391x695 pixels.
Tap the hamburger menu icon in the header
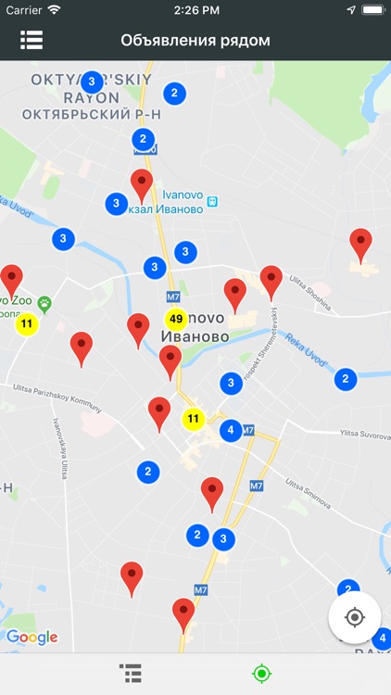click(32, 41)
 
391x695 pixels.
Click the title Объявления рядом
click(195, 41)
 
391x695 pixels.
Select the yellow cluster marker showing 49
click(176, 319)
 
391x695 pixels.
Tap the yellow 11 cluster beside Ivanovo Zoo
click(27, 324)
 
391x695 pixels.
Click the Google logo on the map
click(32, 638)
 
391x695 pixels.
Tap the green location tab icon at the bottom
click(261, 674)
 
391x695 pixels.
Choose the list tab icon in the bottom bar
click(130, 674)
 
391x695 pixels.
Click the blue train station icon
click(212, 201)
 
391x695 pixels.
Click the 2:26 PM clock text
click(195, 9)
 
